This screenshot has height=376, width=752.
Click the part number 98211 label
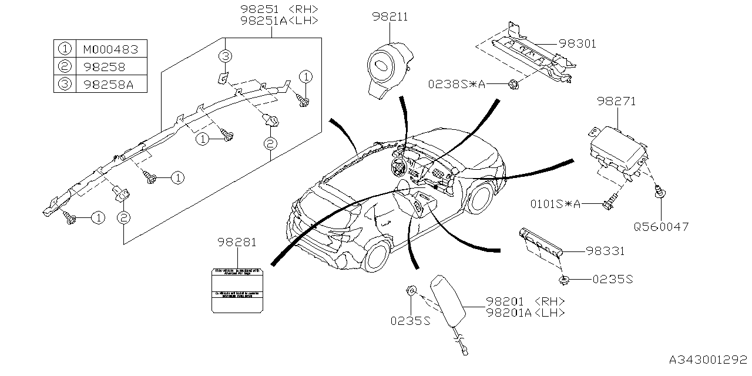[389, 18]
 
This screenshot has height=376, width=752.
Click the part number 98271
[617, 102]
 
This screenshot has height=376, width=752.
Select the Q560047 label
[661, 226]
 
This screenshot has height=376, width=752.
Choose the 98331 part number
[605, 251]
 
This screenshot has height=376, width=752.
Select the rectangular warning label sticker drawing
[237, 290]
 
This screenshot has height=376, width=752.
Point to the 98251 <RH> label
[279, 9]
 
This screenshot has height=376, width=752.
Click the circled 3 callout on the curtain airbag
[226, 56]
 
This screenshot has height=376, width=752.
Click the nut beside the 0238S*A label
[513, 83]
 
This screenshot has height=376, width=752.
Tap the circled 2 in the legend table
[64, 66]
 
